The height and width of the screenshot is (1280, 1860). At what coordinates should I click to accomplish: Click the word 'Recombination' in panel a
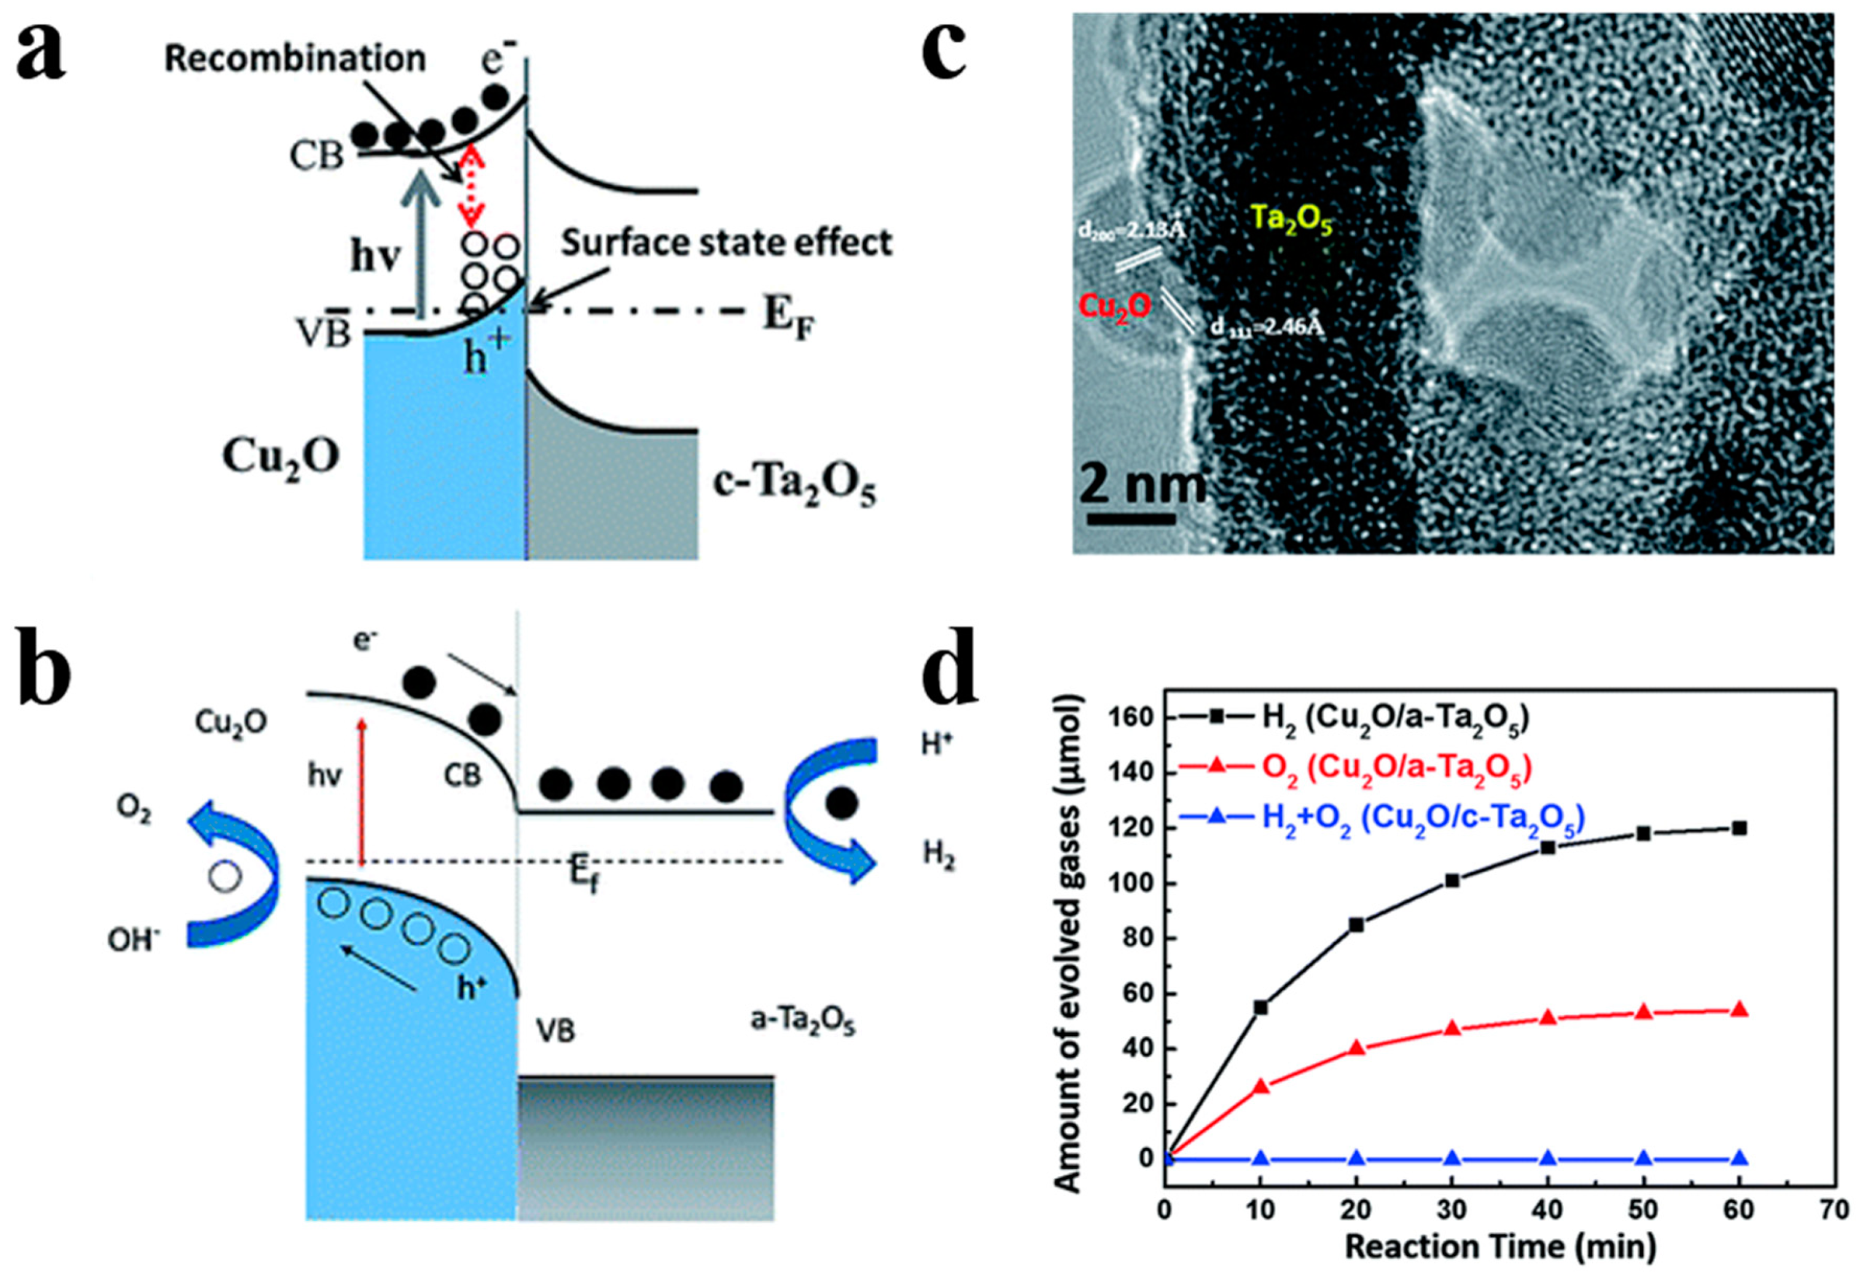[x=294, y=58]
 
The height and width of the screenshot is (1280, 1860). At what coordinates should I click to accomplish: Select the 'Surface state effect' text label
[x=725, y=243]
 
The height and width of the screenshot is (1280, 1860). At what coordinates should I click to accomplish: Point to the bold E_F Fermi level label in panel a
[x=791, y=317]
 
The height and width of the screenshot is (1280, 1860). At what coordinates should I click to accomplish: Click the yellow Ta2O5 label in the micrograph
[x=1291, y=218]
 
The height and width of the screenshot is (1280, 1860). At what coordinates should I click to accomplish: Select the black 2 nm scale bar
[x=1130, y=518]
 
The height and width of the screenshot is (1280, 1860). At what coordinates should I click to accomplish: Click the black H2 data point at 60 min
[x=1738, y=828]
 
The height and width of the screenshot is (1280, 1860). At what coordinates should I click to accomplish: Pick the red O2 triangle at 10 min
[x=1261, y=1086]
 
